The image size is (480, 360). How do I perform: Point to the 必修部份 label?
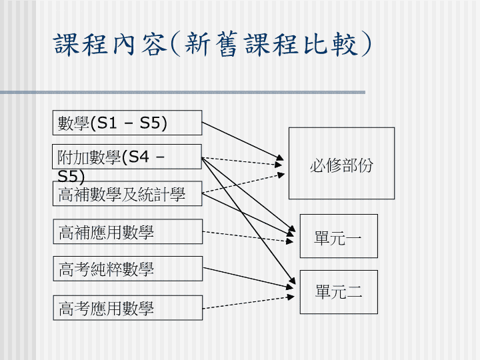[341, 165]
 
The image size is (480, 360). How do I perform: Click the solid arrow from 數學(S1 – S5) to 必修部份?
[243, 141]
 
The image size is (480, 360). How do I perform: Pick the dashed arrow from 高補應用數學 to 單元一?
[248, 237]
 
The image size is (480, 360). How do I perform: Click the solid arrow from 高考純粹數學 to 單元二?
[248, 278]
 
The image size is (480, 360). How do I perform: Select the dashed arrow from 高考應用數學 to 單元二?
[248, 302]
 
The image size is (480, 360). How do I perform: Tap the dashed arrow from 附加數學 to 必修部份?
[242, 161]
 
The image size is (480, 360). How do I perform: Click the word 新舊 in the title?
[211, 45]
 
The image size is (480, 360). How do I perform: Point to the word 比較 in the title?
[331, 45]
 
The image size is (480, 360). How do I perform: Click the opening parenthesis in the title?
[175, 45]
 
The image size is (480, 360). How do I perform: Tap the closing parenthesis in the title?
[366, 44]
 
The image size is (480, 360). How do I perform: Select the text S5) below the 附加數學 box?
[71, 176]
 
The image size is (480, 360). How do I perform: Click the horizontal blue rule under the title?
[183, 92]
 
